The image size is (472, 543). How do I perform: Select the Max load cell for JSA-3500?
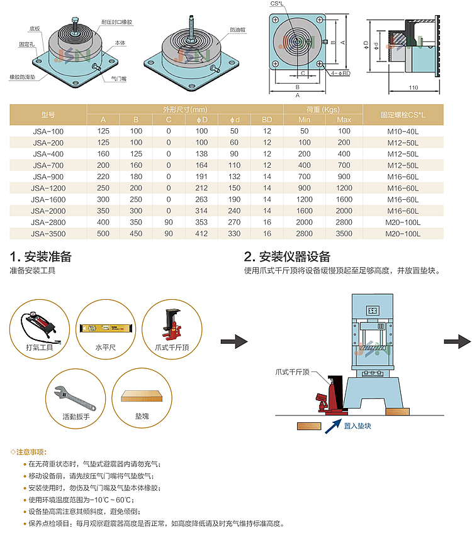(x=344, y=234)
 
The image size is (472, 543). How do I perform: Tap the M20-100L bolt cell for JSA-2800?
(x=402, y=222)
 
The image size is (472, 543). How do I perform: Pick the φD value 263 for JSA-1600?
(x=201, y=199)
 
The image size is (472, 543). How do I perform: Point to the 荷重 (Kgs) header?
(x=323, y=109)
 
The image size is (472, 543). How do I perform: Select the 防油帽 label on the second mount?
(x=237, y=30)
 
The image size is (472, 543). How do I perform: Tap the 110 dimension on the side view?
(x=413, y=87)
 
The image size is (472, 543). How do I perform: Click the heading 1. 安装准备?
(x=40, y=256)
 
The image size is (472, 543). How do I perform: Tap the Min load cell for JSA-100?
(x=305, y=131)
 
